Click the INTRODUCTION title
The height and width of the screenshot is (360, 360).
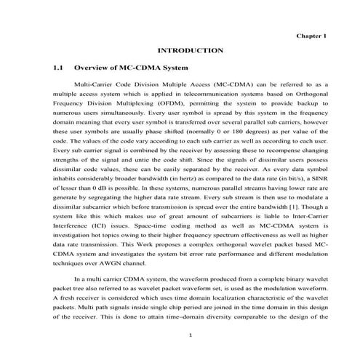click(x=190, y=50)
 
